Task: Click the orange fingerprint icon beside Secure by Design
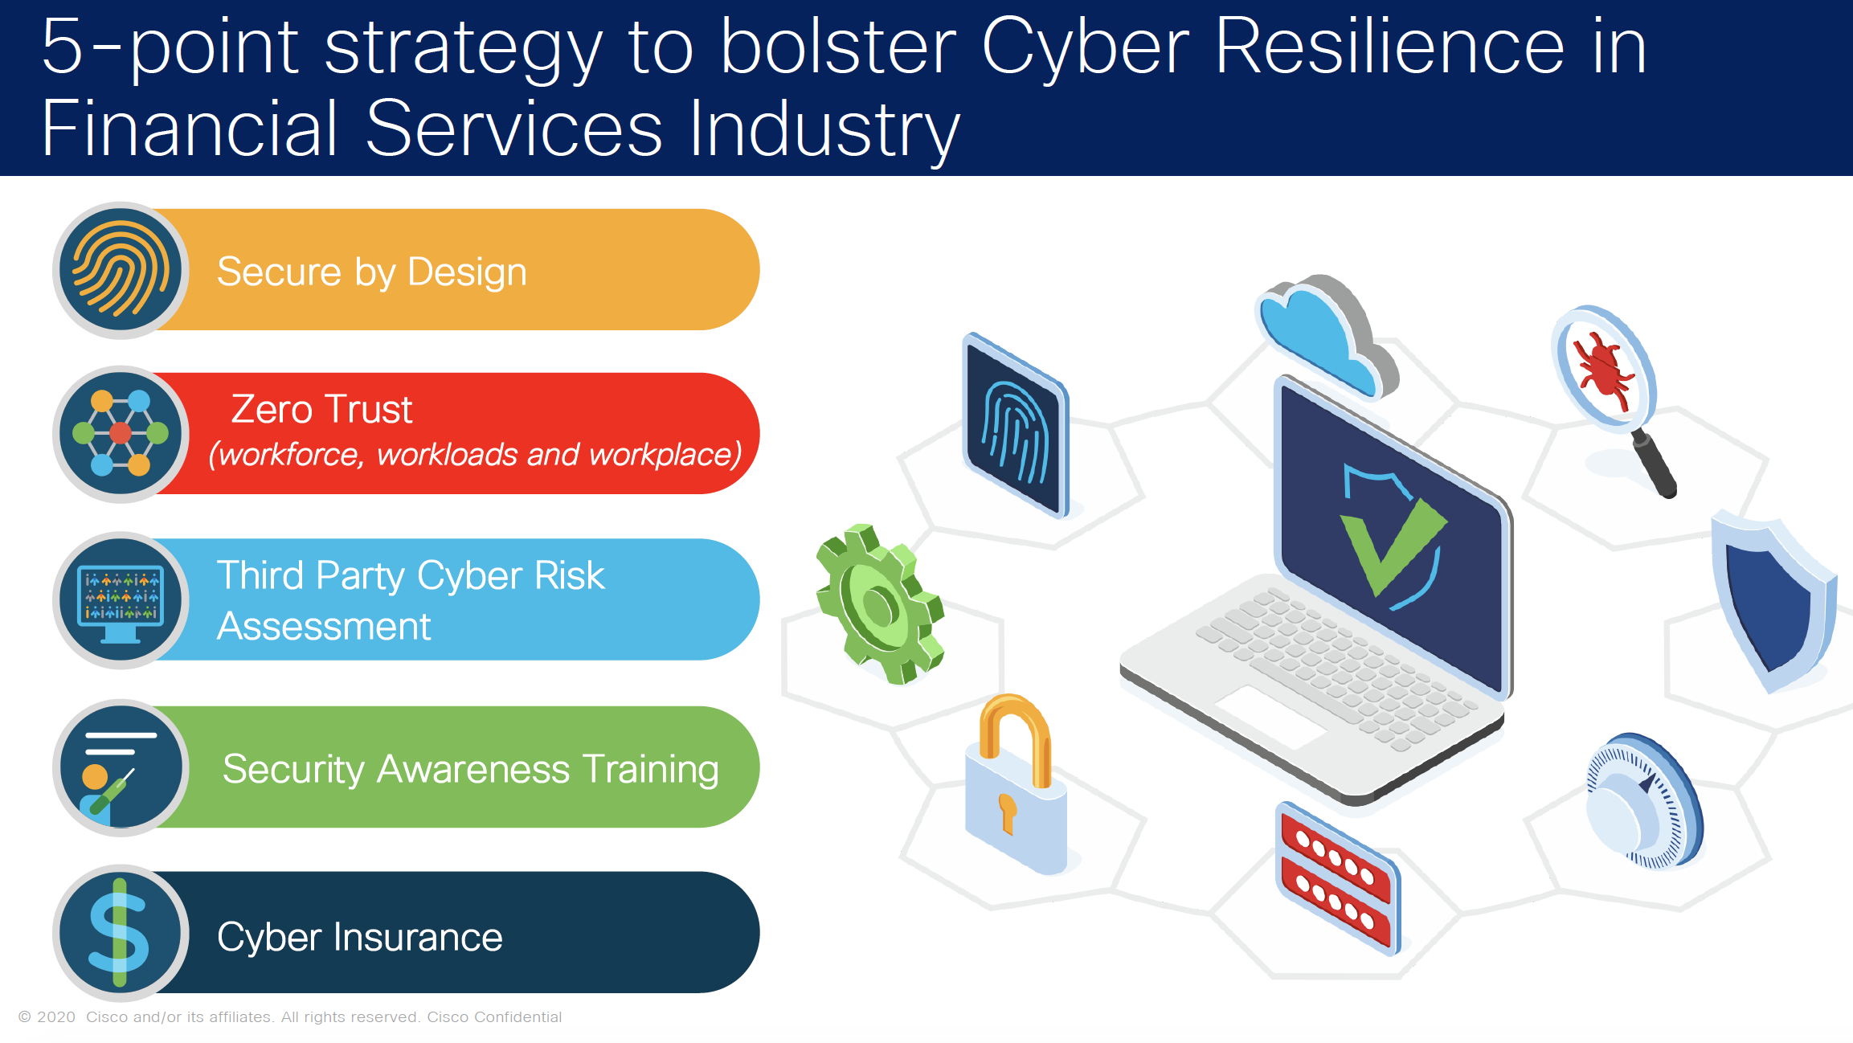pyautogui.click(x=121, y=271)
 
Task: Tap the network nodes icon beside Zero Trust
pyautogui.click(x=121, y=435)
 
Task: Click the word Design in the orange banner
pyautogui.click(x=467, y=272)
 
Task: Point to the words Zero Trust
pyautogui.click(x=321, y=409)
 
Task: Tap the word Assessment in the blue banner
pyautogui.click(x=324, y=626)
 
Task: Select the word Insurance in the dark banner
pyautogui.click(x=418, y=937)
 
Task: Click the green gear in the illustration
pyautogui.click(x=879, y=603)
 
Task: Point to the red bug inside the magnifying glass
pyautogui.click(x=1603, y=368)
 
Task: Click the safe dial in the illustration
pyautogui.click(x=1644, y=801)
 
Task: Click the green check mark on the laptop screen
pyautogui.click(x=1393, y=546)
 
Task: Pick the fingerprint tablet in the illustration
pyautogui.click(x=1016, y=425)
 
